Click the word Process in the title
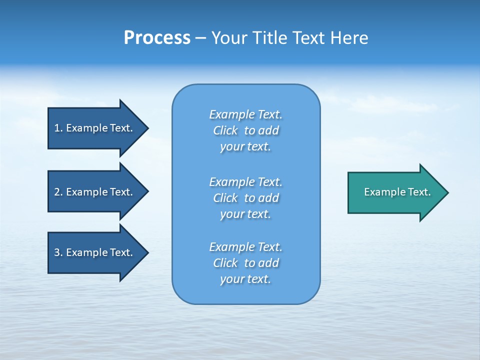pos(157,38)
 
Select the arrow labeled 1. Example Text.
pos(95,128)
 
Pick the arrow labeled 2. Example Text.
pos(95,192)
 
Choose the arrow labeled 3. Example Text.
pos(95,252)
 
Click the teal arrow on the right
pos(395,192)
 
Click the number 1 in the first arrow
pos(57,128)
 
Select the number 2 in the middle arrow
pos(57,192)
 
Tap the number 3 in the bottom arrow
pos(57,252)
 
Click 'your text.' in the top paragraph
pos(245,147)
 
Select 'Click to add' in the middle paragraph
pos(245,198)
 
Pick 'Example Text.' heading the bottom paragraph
pos(245,247)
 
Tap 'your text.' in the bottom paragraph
pos(245,279)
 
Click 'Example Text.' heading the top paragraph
pos(245,114)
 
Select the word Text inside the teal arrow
pos(419,192)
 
